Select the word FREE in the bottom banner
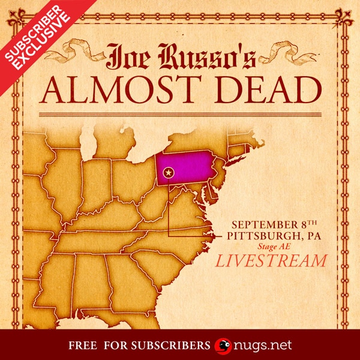coord(84,346)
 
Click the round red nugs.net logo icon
coord(223,346)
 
